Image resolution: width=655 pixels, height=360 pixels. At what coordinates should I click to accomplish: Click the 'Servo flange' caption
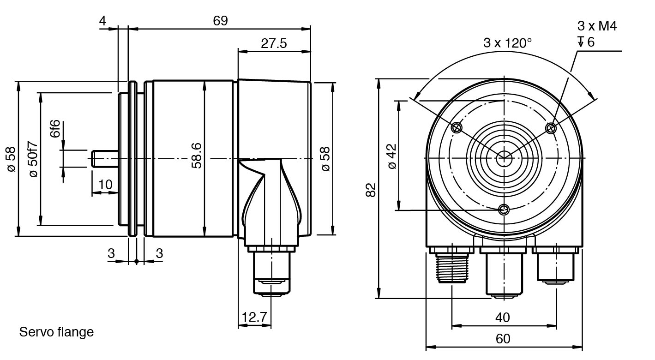[x=56, y=332]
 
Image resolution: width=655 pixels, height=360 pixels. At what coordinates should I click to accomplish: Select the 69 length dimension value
[x=220, y=21]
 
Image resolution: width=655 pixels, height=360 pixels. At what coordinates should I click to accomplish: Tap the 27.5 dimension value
[x=274, y=43]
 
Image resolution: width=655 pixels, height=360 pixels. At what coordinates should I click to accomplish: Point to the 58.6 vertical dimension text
[x=197, y=156]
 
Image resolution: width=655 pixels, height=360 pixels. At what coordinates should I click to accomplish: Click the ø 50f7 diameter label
[x=34, y=159]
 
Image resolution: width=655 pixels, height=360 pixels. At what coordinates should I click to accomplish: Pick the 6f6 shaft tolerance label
[x=54, y=129]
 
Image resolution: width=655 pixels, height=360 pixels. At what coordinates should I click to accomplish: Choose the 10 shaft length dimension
[x=105, y=185]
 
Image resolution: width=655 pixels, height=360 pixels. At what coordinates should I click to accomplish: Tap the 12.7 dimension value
[x=254, y=317]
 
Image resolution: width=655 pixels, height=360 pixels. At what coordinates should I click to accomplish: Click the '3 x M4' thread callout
[x=597, y=26]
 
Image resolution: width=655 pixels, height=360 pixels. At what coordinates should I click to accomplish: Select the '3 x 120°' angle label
[x=507, y=43]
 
